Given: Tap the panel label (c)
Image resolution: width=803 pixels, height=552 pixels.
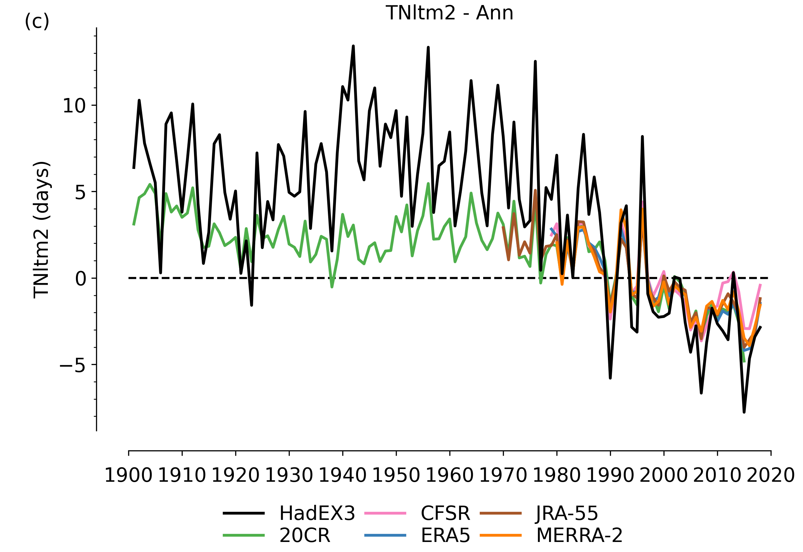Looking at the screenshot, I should (x=37, y=22).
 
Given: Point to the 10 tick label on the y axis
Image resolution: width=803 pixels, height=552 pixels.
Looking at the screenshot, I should (x=74, y=105).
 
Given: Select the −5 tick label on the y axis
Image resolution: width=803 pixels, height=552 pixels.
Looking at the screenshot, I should (x=72, y=365).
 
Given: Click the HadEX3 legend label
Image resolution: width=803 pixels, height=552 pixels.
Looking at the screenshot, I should (x=317, y=513).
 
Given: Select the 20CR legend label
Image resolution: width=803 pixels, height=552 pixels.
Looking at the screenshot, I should (x=305, y=535).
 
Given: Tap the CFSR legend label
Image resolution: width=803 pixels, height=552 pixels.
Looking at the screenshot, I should (x=445, y=513).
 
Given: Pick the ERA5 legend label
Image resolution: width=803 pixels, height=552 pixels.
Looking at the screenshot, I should (x=445, y=535).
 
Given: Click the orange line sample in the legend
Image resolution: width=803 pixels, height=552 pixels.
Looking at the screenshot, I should (x=501, y=535).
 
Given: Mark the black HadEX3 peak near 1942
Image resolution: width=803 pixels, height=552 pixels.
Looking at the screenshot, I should (x=353, y=47).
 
